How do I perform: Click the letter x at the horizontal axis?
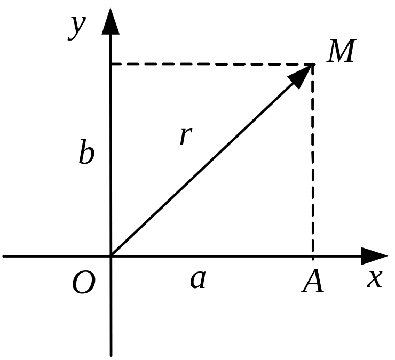click(375, 278)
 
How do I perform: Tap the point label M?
click(342, 52)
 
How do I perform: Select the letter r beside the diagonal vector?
click(185, 135)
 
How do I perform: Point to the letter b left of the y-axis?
click(86, 154)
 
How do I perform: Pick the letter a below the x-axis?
click(198, 279)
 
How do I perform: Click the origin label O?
click(84, 283)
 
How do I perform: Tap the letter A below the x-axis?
click(313, 282)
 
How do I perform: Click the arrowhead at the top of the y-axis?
click(110, 21)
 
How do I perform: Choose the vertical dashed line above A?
click(313, 160)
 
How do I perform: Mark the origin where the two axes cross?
click(111, 256)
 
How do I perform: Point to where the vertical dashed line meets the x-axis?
click(313, 256)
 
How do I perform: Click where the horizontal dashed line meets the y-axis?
click(111, 65)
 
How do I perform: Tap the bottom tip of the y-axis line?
click(111, 354)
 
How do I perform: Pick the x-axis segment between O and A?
click(214, 256)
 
